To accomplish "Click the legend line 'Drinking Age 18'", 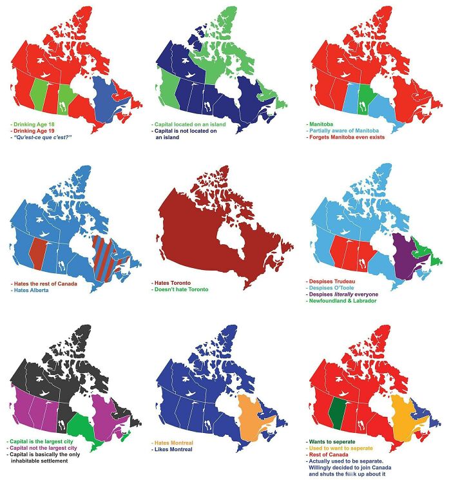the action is (x=32, y=123).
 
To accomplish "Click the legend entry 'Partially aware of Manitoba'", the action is (x=345, y=130).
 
